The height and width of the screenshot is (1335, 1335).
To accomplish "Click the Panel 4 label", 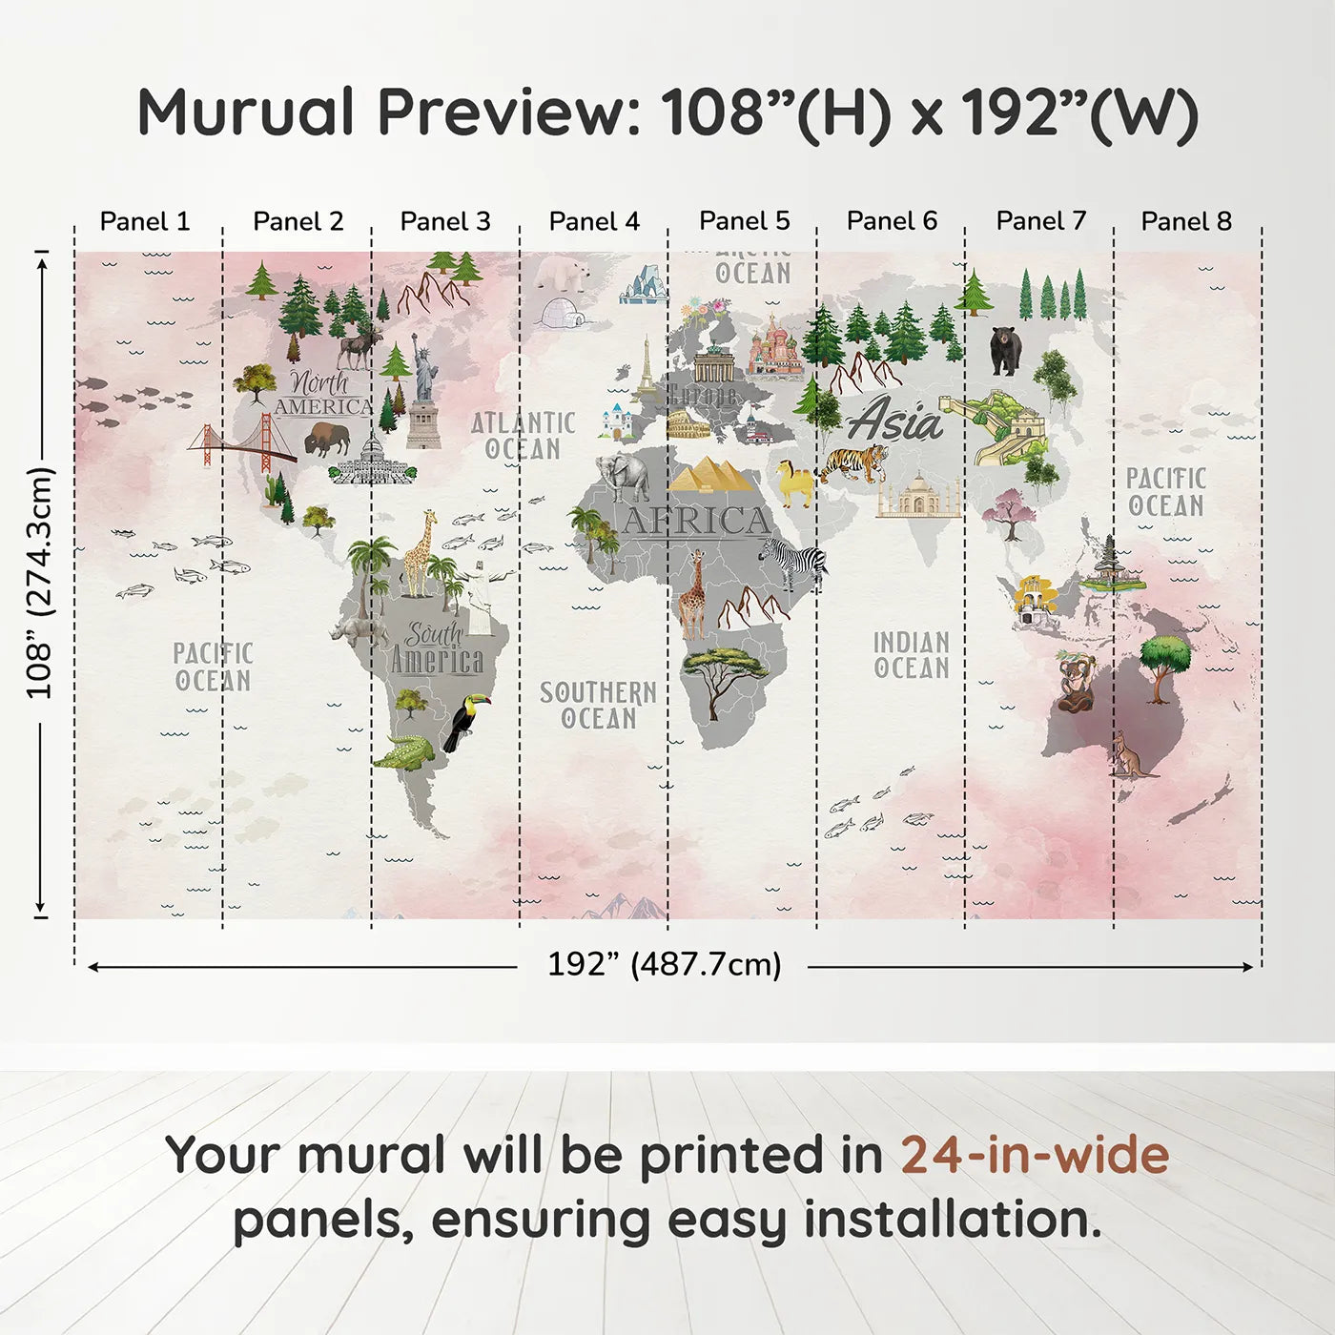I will [594, 221].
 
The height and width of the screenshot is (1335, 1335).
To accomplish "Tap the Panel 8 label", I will [1186, 221].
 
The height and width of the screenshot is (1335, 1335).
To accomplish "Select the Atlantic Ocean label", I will [524, 436].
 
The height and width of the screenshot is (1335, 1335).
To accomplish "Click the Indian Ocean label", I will [912, 655].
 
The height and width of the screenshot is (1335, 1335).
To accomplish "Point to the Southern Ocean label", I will [598, 705].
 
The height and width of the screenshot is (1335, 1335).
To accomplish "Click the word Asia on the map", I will [894, 421].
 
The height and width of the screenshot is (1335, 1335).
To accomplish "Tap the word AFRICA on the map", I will [695, 522].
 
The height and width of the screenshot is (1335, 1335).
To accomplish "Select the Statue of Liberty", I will [423, 391].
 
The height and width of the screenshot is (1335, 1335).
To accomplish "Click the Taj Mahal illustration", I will [918, 496].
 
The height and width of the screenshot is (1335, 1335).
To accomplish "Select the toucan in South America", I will [466, 722].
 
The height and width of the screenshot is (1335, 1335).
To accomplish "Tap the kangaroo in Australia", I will [1128, 756].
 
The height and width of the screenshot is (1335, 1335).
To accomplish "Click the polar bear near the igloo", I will [563, 273].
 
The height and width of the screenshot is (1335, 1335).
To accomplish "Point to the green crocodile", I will [404, 752].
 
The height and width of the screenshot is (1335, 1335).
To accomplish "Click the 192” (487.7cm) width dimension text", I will [664, 964].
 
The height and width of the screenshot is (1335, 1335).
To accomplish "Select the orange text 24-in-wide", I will [1035, 1155].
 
